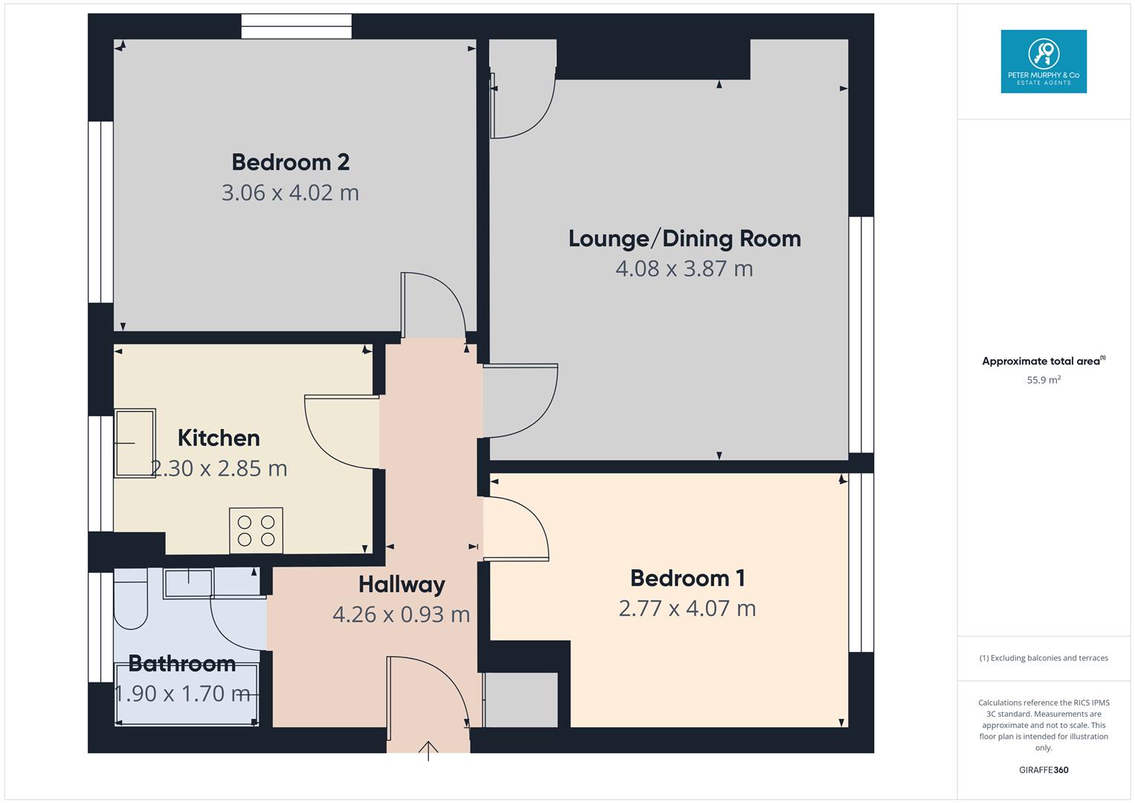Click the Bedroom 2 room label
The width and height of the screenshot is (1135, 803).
[291, 162]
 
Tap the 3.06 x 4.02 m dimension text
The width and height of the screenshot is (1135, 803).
[291, 193]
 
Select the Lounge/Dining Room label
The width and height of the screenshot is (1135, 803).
[685, 239]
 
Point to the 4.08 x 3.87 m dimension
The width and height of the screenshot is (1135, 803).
[685, 268]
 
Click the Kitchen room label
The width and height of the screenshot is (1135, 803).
[219, 438]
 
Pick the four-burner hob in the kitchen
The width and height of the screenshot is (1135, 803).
[256, 530]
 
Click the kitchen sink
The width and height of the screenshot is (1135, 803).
[135, 443]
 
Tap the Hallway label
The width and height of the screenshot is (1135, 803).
[402, 584]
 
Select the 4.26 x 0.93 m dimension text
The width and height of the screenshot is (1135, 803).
[401, 614]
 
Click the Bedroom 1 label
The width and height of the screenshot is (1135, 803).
[688, 578]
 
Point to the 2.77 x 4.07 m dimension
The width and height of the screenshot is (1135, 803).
[688, 608]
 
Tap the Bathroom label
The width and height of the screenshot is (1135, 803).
[182, 663]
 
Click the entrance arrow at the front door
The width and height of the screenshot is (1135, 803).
[428, 751]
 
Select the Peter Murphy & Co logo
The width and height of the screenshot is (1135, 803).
[1044, 61]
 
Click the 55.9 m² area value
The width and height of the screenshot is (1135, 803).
[1044, 380]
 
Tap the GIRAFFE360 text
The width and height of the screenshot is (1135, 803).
[1044, 770]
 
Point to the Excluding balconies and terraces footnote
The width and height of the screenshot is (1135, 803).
[1044, 658]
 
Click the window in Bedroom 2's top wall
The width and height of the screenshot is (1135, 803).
[297, 26]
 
